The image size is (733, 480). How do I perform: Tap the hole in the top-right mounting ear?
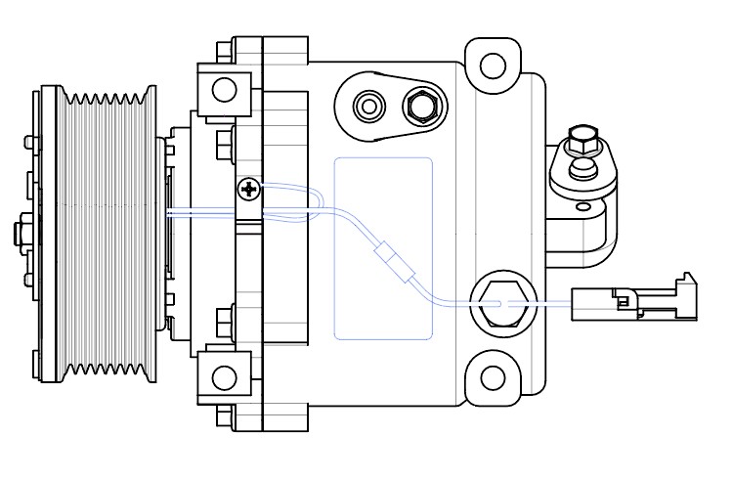494,65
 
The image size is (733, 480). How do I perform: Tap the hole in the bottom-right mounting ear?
494,377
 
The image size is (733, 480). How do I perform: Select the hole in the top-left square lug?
225,90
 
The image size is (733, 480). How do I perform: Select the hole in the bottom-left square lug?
225,377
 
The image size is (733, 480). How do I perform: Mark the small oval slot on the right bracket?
583,206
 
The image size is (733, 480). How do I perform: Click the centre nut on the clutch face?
22,234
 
